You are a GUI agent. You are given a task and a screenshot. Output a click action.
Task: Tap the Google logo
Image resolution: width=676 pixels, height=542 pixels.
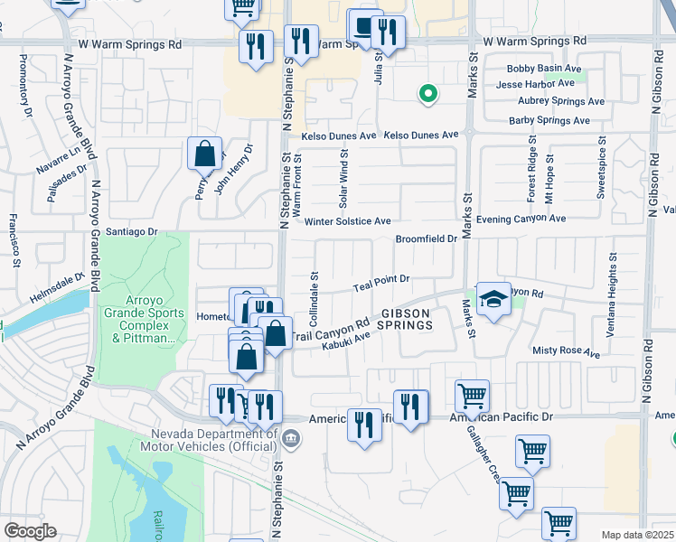coord(29,530)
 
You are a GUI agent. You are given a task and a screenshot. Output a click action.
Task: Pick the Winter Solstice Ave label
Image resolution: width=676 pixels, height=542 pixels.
coord(348,220)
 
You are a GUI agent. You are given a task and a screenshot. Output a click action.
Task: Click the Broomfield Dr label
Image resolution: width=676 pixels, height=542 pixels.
coord(427,239)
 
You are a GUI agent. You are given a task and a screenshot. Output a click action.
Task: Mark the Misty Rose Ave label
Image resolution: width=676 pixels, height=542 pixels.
coord(567,350)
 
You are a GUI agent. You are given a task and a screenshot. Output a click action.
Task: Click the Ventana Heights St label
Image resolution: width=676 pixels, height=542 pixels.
coord(612,294)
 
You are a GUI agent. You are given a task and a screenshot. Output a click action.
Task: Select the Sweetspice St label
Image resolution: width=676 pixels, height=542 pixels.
coord(600,168)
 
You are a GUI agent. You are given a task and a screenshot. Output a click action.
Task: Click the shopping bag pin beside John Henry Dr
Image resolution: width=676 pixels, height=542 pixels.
coord(205,154)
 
